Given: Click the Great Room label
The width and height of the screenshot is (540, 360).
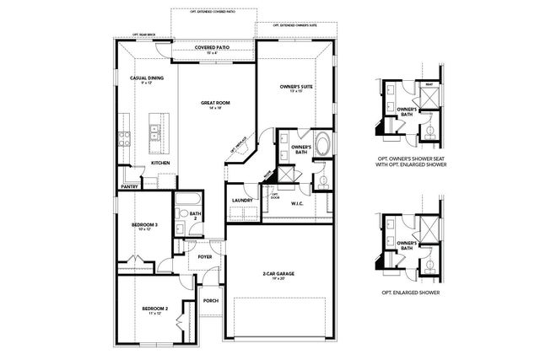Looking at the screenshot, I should tap(216, 104).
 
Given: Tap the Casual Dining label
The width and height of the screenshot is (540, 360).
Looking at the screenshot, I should tap(146, 78).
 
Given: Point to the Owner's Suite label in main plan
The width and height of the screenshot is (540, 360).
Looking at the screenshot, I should tap(296, 86).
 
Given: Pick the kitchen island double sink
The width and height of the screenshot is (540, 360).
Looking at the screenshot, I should tap(156, 132).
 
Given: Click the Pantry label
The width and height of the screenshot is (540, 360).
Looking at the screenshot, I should tap(129, 187).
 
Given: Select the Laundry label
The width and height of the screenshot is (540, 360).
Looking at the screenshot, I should tap(243, 200).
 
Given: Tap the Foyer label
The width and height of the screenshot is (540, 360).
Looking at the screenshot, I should tap(205, 256).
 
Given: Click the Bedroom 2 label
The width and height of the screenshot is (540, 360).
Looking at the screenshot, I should tap(154, 309).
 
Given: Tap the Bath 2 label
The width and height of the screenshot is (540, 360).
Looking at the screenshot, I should tap(195, 216).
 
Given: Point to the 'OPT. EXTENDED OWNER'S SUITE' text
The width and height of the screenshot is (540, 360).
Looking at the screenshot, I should tap(294, 26).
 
